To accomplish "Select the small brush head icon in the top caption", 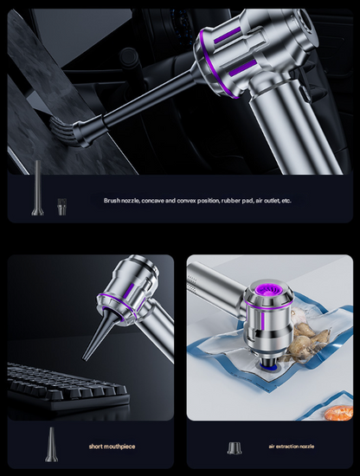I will click(61, 206).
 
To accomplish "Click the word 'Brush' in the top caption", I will click(112, 200).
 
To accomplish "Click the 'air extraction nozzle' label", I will click(290, 447).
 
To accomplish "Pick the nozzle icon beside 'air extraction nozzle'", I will click(234, 447).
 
